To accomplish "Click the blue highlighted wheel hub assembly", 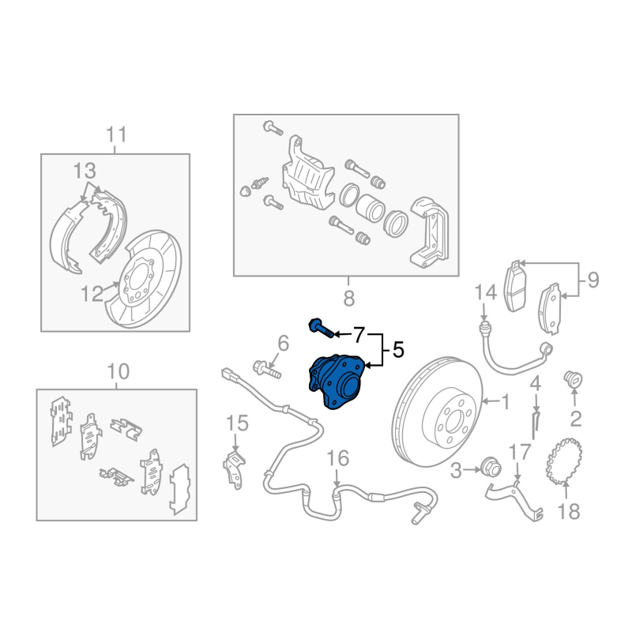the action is pos(335,382).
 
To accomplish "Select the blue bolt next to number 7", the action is pos(322,327).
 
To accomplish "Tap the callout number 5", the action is pos(398,349).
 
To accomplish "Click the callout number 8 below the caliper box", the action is pos(348,299).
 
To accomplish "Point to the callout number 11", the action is pos(116,134).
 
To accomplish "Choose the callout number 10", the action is pos(118,371).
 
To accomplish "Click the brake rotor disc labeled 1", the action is pos(438,412).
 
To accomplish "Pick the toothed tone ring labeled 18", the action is pos(564,461).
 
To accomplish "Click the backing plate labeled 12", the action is pos(143,280).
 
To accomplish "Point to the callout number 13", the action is pos(85,171).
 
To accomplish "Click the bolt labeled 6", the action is pos(267,370).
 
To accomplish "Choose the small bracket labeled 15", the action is pos(234,470).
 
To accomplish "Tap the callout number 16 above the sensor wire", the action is pos(337,458).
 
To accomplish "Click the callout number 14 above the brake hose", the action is pos(485,292).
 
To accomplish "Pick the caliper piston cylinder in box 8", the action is pos(370,208).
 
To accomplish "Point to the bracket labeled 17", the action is pos(515,498).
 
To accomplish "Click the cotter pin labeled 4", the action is pos(535,424).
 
